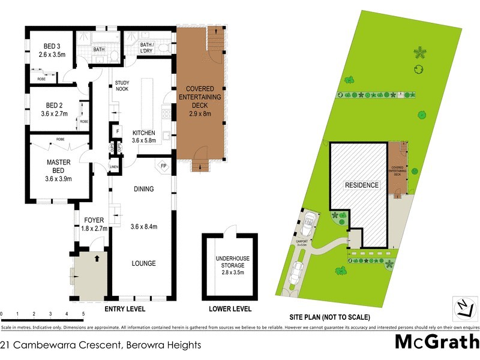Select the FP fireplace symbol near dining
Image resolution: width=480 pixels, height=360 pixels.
tap(163, 166)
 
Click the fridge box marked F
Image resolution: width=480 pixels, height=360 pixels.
tap(118, 131)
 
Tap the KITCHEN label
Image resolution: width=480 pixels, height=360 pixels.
tap(144, 133)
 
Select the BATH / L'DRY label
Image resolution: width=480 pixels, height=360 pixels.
tap(150, 48)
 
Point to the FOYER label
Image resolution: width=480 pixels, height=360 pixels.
tap(94, 220)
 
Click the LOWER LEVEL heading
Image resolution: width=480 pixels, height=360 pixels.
tap(230, 310)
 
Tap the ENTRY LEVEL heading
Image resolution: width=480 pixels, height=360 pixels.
tap(125, 310)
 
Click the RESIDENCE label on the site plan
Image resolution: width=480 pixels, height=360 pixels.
tap(361, 185)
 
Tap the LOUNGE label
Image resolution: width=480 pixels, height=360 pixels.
tap(143, 263)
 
